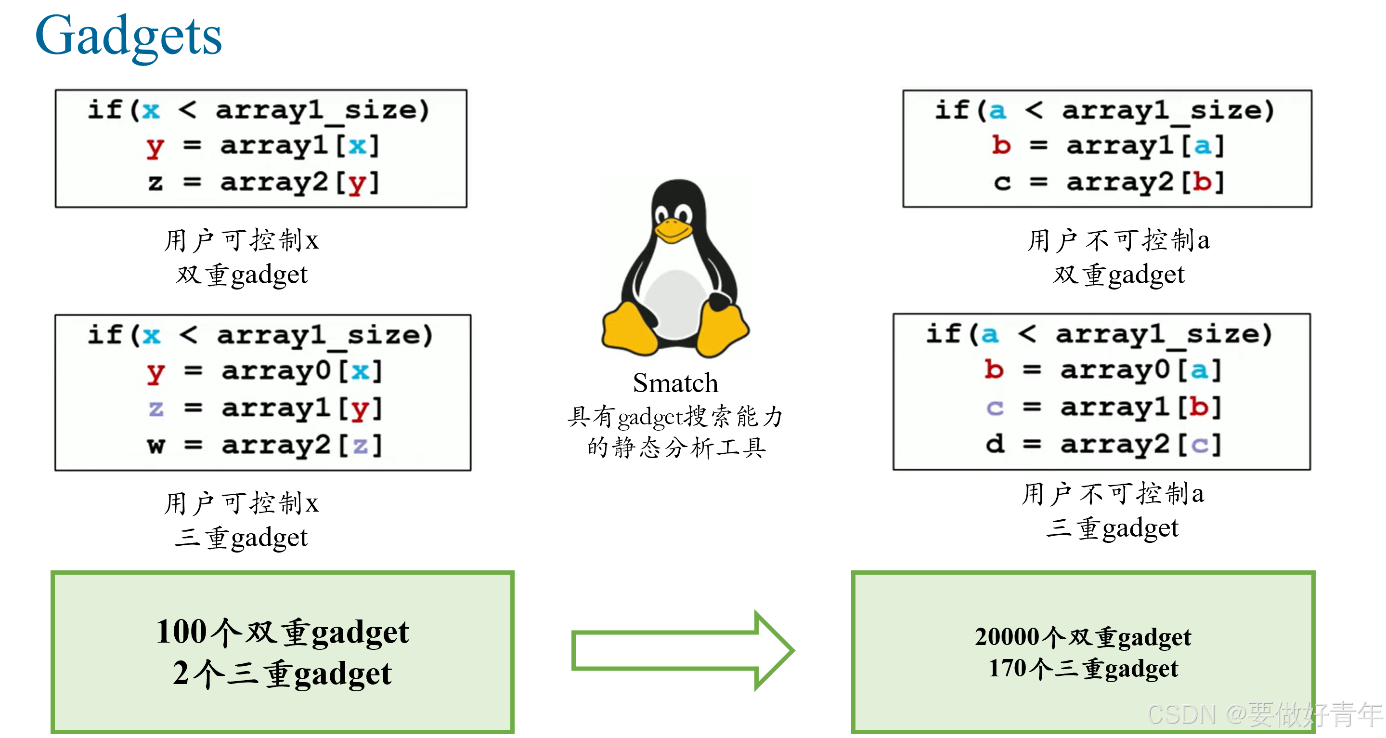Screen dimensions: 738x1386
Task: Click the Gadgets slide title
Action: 128,37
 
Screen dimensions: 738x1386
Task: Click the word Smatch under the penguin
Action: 675,383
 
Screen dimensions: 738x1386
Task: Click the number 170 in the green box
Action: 1007,669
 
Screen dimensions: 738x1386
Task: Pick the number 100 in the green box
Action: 181,632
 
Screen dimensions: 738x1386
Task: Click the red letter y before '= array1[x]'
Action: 155,146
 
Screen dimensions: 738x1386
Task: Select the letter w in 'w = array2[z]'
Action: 156,445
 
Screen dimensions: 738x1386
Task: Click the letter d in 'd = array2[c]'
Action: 995,444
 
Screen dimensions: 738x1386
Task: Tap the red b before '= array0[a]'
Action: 994,370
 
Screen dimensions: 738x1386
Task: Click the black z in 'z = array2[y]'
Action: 155,183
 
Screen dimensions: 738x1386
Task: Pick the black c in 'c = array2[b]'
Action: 1002,183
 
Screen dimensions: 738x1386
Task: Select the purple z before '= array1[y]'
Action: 156,409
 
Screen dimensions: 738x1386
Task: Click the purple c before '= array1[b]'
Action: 995,408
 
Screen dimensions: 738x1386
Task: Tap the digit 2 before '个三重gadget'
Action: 181,673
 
